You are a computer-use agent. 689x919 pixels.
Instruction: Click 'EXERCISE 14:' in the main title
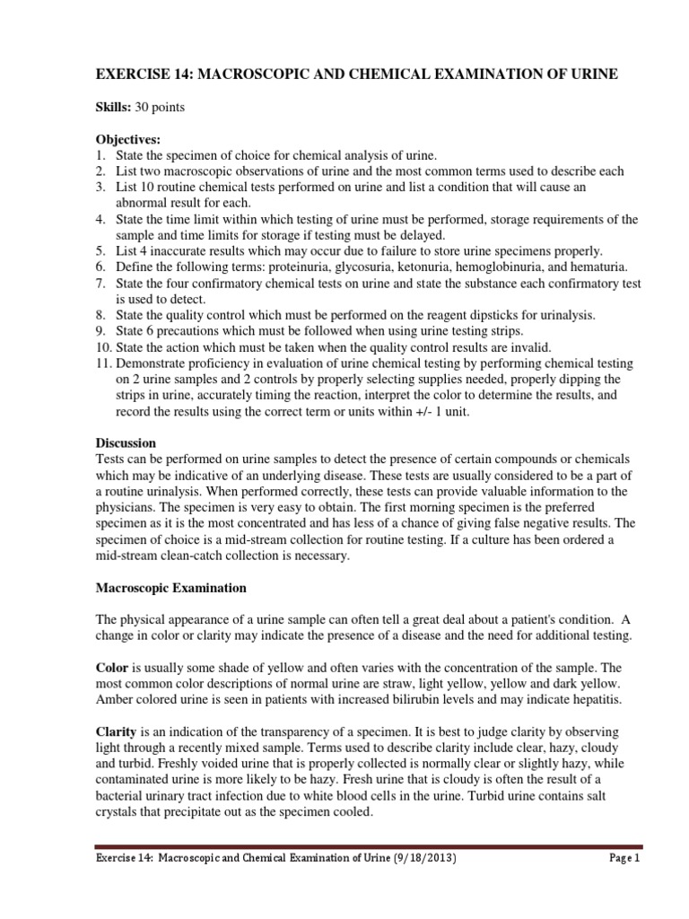142,74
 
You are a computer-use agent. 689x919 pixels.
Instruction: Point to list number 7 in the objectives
101,283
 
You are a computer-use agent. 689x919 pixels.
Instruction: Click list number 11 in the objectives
104,363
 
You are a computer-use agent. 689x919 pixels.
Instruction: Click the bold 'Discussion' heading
126,443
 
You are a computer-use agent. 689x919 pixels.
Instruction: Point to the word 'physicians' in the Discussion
126,508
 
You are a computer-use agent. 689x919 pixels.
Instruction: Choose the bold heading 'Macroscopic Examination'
166,589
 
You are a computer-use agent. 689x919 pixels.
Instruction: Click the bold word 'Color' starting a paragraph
112,670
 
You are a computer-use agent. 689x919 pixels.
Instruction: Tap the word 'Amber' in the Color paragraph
113,702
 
